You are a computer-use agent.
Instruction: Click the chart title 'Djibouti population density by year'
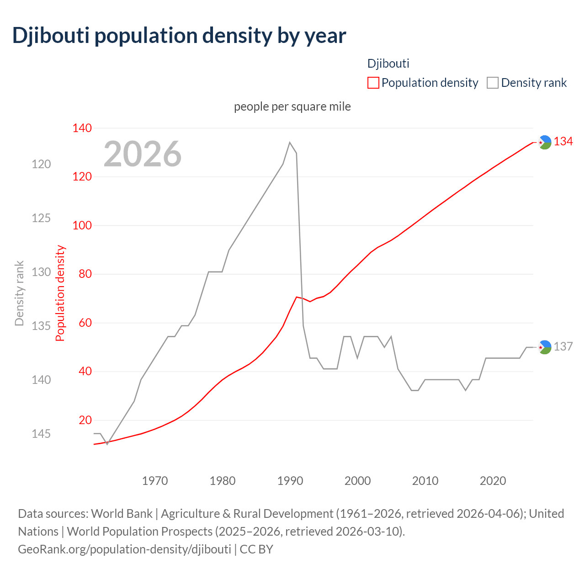click(179, 36)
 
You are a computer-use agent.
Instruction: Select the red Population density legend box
click(373, 83)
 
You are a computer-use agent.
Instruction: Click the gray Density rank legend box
click(492, 83)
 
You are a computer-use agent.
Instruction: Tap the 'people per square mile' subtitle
click(292, 106)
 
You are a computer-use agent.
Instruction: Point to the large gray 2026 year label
click(143, 154)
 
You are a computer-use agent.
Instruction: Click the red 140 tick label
click(82, 128)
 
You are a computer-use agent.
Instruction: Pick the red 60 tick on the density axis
click(85, 323)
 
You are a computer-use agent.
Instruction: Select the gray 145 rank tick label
click(41, 433)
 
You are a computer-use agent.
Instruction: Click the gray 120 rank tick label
click(41, 164)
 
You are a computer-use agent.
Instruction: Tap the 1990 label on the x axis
click(290, 481)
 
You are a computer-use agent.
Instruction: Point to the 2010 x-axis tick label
click(425, 481)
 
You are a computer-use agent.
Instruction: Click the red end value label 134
click(563, 142)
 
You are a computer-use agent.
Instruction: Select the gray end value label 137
click(563, 346)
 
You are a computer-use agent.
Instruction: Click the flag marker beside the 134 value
click(544, 143)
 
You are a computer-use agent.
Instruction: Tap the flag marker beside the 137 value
click(544, 347)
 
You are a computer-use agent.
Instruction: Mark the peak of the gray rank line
click(290, 142)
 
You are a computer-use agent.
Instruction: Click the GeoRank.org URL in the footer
click(124, 549)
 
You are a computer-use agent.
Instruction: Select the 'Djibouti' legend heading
click(388, 64)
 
